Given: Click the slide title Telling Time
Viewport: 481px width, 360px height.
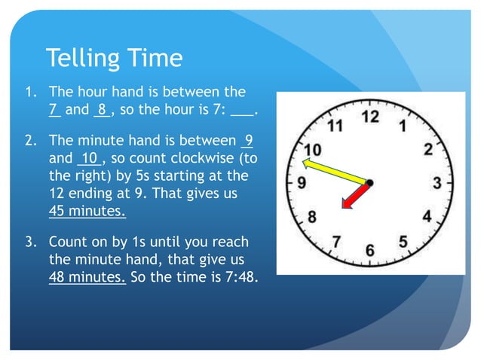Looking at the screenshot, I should (x=114, y=58).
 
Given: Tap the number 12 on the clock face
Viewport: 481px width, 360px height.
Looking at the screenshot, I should (x=369, y=117).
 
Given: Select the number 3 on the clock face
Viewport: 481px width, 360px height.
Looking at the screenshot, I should (x=437, y=182).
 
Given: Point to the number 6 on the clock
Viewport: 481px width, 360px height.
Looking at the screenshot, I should (x=370, y=249).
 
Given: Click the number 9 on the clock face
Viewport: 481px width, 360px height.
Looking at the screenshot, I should (x=302, y=182).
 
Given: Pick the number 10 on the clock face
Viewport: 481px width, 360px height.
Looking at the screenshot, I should (x=313, y=148).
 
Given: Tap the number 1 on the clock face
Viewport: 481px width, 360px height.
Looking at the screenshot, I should (x=403, y=126).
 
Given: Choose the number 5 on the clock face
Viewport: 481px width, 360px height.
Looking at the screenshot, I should (x=403, y=241).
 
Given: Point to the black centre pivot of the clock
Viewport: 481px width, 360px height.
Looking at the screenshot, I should (x=369, y=182).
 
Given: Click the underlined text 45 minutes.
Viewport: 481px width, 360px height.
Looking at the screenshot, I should (x=87, y=211).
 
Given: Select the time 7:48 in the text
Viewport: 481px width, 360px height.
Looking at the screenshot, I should (x=240, y=277).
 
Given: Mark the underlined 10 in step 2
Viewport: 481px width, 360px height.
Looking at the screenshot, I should (x=88, y=159).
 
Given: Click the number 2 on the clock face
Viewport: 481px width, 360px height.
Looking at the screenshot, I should (x=428, y=149).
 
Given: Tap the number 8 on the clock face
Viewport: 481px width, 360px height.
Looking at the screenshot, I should (x=311, y=217).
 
